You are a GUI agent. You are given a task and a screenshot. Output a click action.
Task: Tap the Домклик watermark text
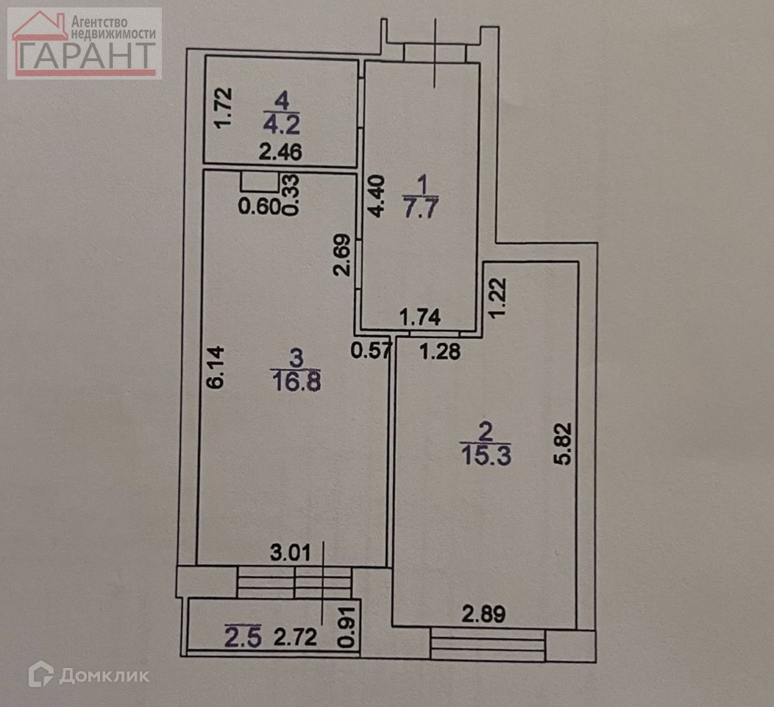pyautogui.click(x=104, y=675)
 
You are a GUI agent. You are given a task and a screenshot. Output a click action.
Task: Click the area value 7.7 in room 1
pyautogui.click(x=421, y=207)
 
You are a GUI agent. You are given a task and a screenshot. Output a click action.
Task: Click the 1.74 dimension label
pyautogui.click(x=419, y=317)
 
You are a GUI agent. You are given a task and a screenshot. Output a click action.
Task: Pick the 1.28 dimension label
pyautogui.click(x=440, y=352)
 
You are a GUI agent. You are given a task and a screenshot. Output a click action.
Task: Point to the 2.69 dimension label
pyautogui.click(x=341, y=255)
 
